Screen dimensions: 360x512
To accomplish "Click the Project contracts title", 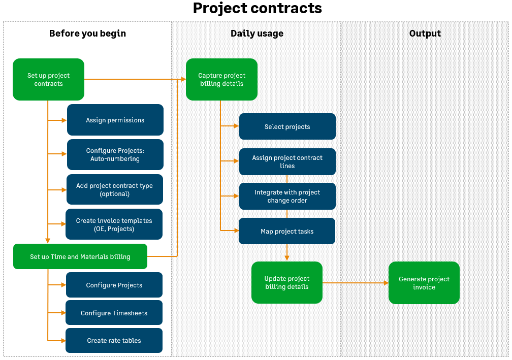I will point(257,9).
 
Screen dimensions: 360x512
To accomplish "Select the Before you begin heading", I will point(87,34).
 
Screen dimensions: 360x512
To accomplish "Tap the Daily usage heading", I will point(257,34).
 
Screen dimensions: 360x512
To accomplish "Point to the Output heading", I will point(425,34).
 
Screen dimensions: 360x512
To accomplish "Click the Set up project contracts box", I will point(48,79).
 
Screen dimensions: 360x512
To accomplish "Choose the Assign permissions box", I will point(115,120).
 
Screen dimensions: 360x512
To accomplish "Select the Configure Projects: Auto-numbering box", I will point(115,154).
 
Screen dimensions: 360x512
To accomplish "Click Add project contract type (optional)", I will point(114,189).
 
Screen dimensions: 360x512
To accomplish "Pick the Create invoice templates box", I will point(114,224).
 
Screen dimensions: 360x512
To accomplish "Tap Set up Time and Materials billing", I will point(80,256).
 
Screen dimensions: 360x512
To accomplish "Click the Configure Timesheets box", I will point(114,313).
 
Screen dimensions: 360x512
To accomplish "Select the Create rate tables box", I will point(114,340).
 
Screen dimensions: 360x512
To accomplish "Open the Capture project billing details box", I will point(221,79).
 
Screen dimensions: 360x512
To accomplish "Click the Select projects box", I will point(287,126).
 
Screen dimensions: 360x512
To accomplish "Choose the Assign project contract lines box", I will point(287,161).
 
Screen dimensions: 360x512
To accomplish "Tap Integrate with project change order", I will point(287,196).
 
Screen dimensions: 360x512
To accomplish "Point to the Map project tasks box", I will point(287,231).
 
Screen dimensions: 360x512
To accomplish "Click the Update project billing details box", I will point(286,282).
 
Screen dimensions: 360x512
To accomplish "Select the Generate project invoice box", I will point(424,283).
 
